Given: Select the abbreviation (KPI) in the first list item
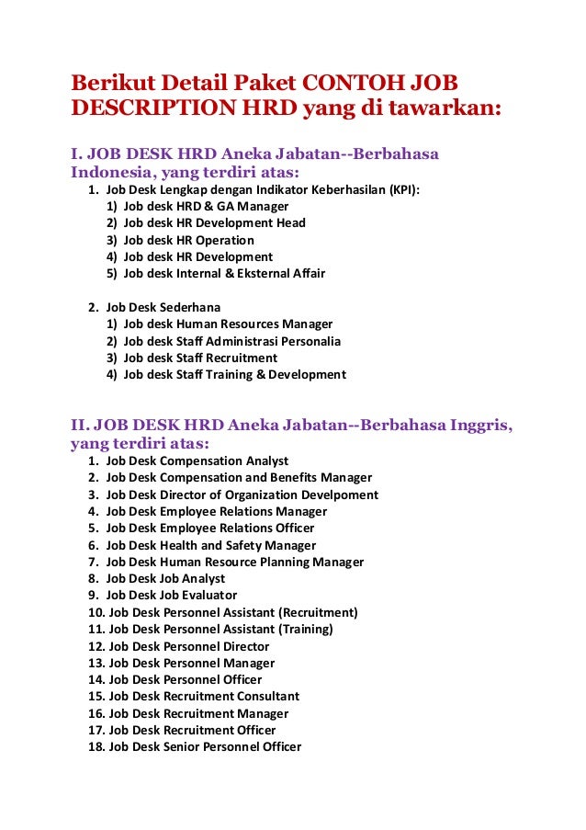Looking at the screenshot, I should pyautogui.click(x=404, y=189).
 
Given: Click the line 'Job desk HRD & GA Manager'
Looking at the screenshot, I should pyautogui.click(x=206, y=206).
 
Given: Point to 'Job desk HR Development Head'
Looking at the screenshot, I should pyautogui.click(x=214, y=222).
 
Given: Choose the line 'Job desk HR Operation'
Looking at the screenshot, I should pyautogui.click(x=188, y=240).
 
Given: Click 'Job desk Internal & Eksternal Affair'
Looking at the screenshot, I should pyautogui.click(x=224, y=273).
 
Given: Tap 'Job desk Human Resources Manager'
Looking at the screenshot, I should pyautogui.click(x=228, y=324).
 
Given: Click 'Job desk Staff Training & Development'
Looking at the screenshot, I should pyautogui.click(x=234, y=374).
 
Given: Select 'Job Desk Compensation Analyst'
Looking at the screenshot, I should pyautogui.click(x=197, y=460).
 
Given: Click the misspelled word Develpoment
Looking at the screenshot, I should pyautogui.click(x=340, y=495).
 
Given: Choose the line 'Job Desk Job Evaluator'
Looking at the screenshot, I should pyautogui.click(x=171, y=595).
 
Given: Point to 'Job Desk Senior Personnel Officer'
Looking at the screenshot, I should pyautogui.click(x=205, y=746).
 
